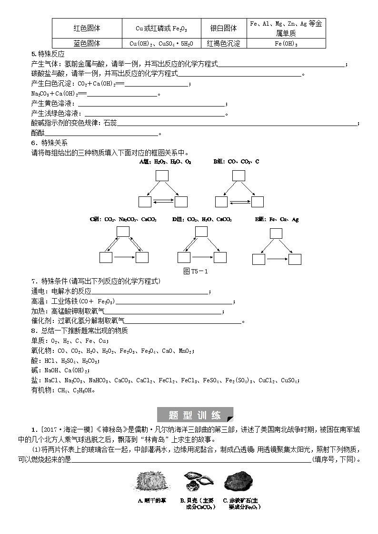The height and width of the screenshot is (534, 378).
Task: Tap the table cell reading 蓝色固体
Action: point(87,43)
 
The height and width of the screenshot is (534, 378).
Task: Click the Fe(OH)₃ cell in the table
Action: point(286,43)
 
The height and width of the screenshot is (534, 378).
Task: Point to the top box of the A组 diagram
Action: point(162,175)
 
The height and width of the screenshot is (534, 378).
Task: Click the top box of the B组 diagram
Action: point(239,175)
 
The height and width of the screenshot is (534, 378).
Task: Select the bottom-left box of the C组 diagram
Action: point(106,257)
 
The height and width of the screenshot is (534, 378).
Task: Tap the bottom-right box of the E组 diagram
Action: point(295,259)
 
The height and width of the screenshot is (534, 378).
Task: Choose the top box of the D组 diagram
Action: point(201,232)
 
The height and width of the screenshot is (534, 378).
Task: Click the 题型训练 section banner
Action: point(195,415)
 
